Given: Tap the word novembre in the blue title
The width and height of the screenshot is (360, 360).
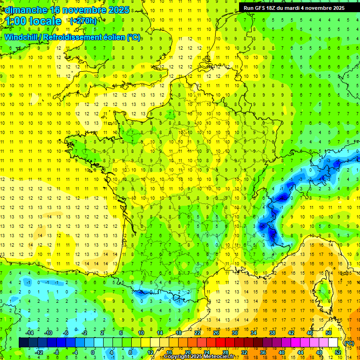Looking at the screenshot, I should click(x=79, y=10).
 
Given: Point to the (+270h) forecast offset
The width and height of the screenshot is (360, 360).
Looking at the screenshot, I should click(x=83, y=21).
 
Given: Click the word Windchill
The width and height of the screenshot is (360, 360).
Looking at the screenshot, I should click(x=21, y=37).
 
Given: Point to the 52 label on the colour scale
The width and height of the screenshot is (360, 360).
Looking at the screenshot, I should click(x=337, y=352).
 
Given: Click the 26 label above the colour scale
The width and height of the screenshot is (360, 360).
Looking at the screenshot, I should click(x=216, y=333).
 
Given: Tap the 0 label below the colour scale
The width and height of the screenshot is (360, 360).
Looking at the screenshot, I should click(x=92, y=352).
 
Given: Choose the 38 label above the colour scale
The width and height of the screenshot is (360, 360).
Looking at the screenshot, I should click(x=272, y=333).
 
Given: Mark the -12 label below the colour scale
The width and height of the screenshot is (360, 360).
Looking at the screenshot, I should click(x=40, y=352).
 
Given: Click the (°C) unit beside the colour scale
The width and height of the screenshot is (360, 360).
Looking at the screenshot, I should click(x=349, y=343).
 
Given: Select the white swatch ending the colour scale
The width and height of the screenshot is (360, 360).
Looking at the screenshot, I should click(x=333, y=343).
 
